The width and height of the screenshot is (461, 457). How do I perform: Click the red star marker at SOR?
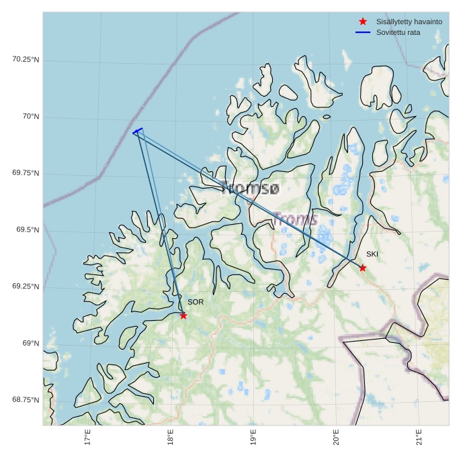coord(183,315)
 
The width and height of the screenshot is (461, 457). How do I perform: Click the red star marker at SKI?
coord(363,268)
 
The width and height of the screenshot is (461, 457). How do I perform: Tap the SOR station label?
coord(196,302)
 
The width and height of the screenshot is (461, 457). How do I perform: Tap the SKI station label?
coord(372,254)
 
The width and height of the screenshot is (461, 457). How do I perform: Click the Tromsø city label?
coord(250,189)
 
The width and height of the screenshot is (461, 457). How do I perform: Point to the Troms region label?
coord(296,219)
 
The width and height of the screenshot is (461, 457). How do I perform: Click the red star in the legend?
coord(363,21)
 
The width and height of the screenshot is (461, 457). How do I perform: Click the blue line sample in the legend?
coord(363,32)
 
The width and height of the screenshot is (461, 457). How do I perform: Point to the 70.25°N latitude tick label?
coord(26,59)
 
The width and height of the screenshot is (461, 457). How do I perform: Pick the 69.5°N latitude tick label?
coord(28,230)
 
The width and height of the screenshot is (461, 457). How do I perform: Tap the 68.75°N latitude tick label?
coord(26,400)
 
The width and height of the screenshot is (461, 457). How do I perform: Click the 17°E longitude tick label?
coord(88,438)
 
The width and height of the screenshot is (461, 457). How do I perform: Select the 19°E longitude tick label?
coord(253,438)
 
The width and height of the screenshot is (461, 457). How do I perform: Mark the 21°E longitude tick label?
coord(419,438)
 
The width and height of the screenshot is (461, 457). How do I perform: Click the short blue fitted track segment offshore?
coord(138,130)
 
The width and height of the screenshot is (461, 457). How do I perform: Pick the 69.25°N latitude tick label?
coord(26,287)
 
